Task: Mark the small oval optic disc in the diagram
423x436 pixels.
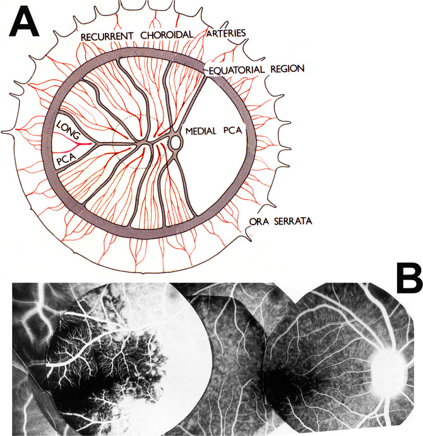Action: (175, 143)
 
